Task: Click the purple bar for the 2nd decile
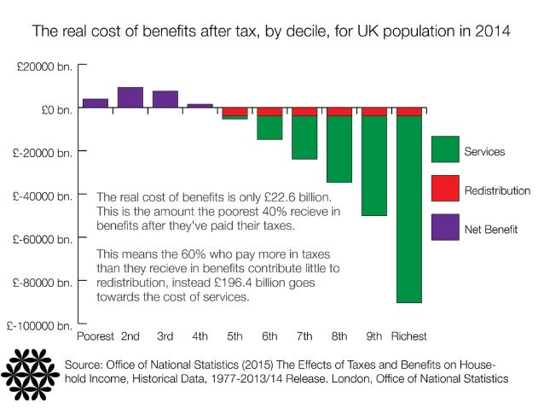(130, 97)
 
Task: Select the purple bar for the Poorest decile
(95, 103)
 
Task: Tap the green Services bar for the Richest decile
(408, 209)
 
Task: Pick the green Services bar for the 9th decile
(374, 166)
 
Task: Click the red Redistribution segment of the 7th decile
(304, 112)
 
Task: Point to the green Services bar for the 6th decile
(269, 128)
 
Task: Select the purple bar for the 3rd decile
(165, 99)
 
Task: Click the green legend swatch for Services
(444, 150)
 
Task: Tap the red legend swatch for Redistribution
(444, 190)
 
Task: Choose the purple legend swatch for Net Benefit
(444, 228)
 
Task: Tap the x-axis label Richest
(408, 336)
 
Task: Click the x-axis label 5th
(234, 336)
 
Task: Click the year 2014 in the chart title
(494, 33)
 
